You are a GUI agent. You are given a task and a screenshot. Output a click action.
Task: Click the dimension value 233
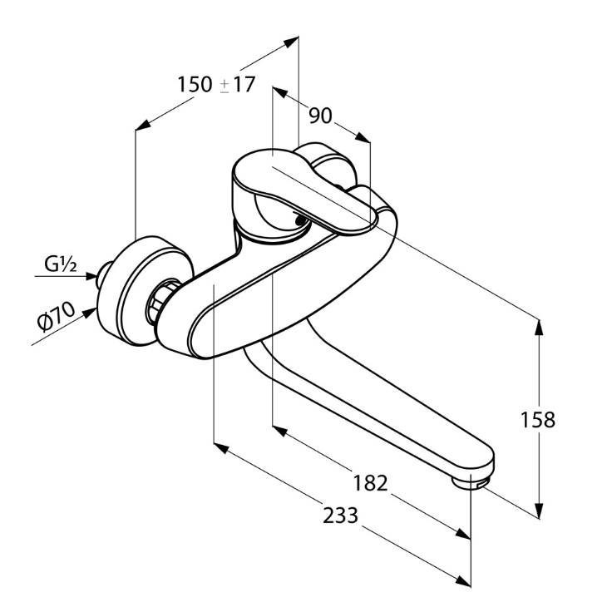(x=341, y=516)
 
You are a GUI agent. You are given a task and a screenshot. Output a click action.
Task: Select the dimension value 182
(x=371, y=483)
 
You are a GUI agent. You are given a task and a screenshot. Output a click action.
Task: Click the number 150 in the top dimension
(x=195, y=85)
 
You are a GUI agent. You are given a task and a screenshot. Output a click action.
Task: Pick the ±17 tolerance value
(x=237, y=85)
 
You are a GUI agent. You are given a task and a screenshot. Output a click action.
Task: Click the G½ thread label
(x=61, y=266)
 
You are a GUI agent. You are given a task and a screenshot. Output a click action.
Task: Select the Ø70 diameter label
(x=56, y=318)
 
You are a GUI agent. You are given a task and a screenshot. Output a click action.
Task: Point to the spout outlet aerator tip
(x=473, y=481)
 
